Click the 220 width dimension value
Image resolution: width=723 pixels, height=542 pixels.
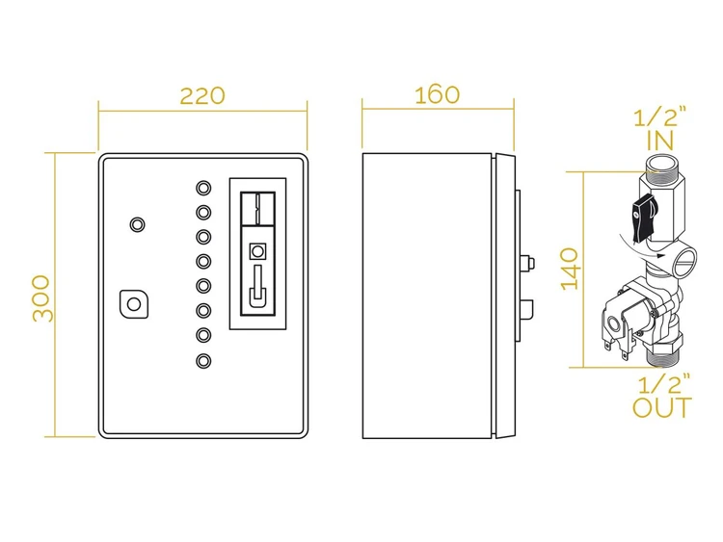(x=202, y=95)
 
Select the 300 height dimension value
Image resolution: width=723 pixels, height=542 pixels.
(x=41, y=297)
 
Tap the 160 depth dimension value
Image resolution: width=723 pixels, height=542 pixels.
(x=437, y=95)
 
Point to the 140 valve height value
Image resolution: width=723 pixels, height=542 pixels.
(x=570, y=269)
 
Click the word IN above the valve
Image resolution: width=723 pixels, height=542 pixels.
(x=660, y=141)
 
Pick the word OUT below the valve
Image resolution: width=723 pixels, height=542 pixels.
(x=662, y=407)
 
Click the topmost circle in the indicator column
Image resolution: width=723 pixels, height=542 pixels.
(x=203, y=188)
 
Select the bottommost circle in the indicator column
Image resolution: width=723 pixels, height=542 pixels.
(x=203, y=361)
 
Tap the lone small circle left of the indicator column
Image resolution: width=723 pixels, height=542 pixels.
(x=137, y=224)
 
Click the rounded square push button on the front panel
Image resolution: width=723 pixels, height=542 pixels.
(x=134, y=304)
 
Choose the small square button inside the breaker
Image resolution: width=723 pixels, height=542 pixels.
(x=257, y=251)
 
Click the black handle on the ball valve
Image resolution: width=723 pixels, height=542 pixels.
(x=642, y=219)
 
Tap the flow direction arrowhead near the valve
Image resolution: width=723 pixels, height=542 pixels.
(x=662, y=255)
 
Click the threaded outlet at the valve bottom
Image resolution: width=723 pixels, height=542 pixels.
(x=661, y=358)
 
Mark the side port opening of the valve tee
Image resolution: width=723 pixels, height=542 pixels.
(x=683, y=261)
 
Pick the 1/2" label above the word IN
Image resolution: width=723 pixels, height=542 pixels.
(x=660, y=117)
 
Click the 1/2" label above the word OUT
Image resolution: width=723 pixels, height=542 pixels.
(x=664, y=383)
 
